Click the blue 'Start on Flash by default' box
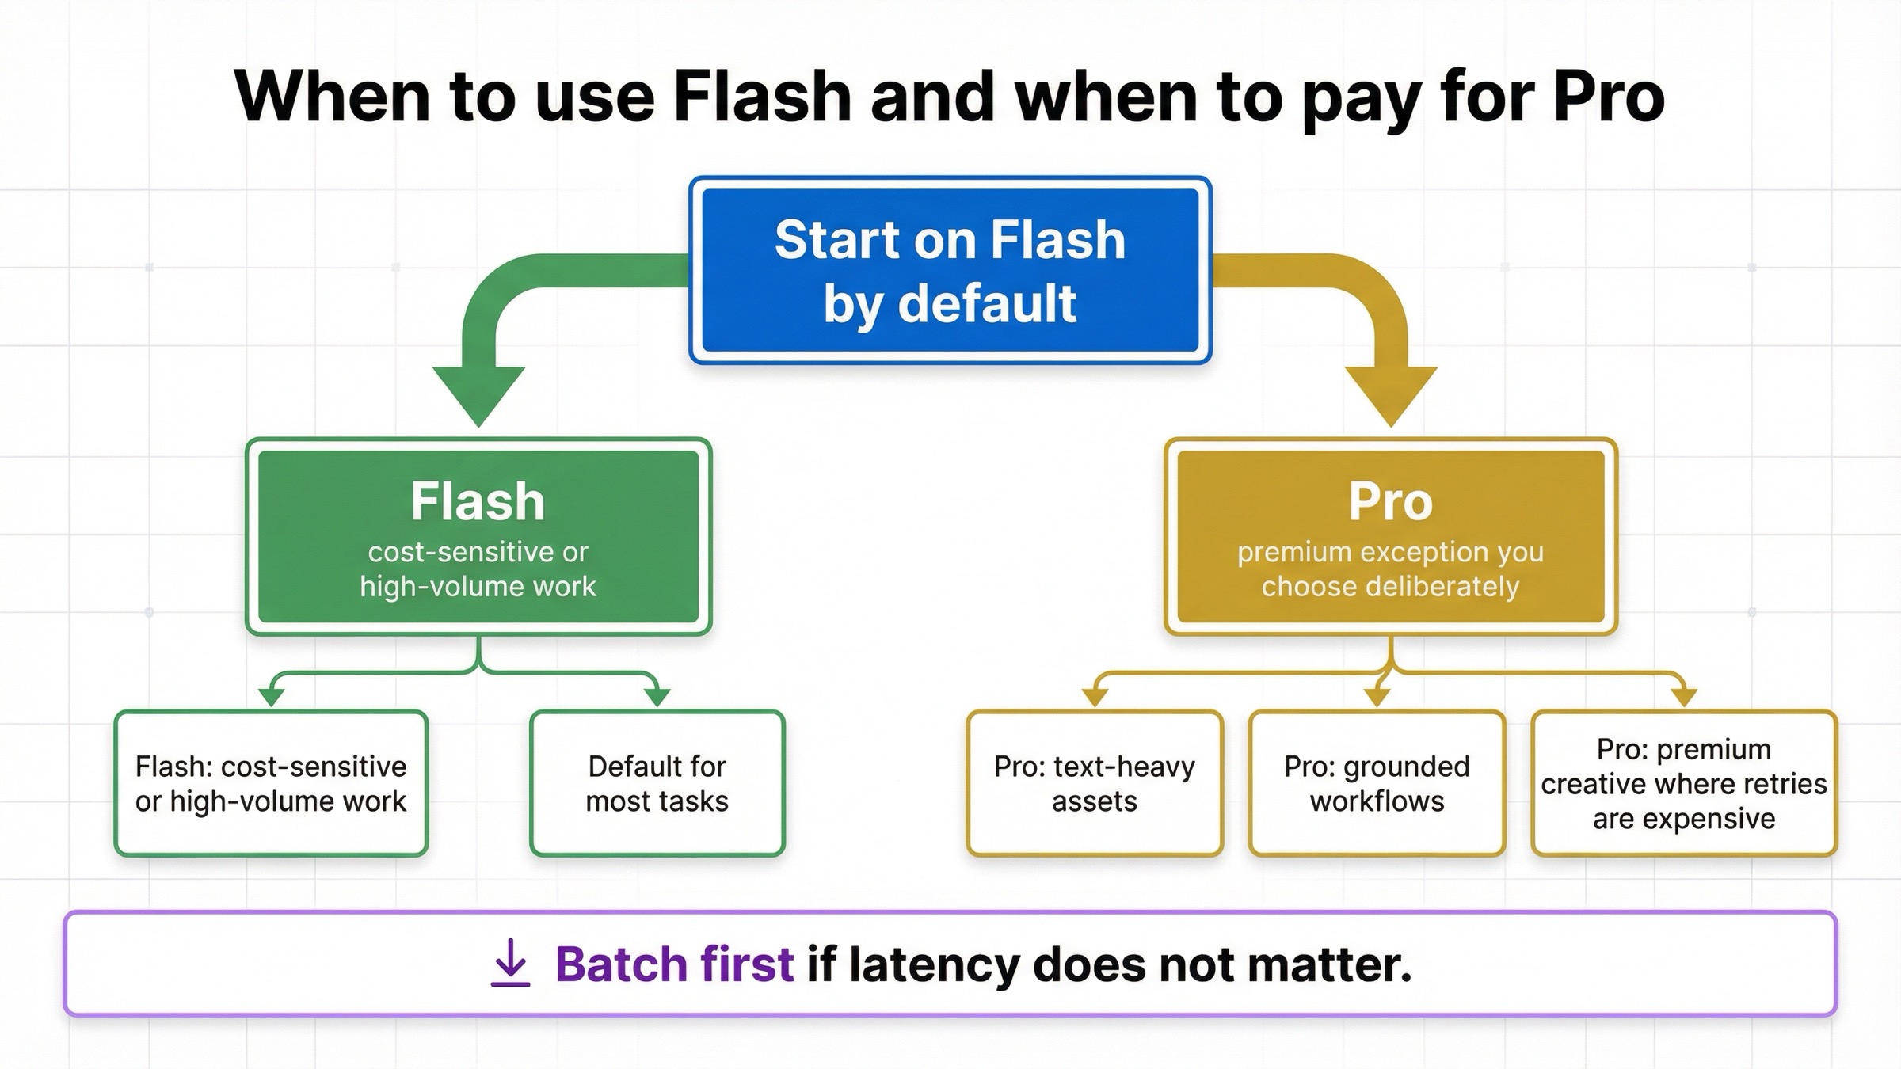(950, 270)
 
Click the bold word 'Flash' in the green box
(478, 501)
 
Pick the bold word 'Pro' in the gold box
(1391, 501)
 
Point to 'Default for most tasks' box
(657, 783)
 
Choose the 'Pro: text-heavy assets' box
(1094, 783)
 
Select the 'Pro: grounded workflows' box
(1377, 783)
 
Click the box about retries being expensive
(1683, 783)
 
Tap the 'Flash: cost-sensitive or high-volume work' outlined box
(271, 783)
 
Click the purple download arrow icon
(510, 963)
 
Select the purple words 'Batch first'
(674, 964)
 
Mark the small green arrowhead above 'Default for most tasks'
(657, 696)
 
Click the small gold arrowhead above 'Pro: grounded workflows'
(1377, 696)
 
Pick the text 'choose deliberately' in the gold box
(1390, 587)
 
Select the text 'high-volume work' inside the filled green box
(478, 587)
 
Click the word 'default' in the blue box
(987, 304)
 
